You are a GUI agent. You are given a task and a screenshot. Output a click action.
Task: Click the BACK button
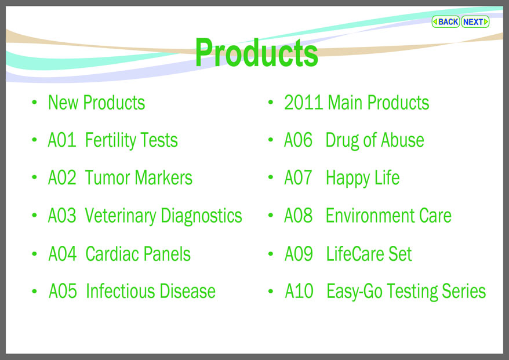tap(445, 22)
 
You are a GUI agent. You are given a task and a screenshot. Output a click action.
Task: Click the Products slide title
tap(256, 52)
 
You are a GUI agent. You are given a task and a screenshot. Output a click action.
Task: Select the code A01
tap(62, 140)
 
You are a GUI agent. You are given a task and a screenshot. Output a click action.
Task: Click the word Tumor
tap(108, 177)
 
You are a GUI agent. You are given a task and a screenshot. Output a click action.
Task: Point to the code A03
tap(62, 216)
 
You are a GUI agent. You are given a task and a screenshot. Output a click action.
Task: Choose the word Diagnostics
tap(201, 216)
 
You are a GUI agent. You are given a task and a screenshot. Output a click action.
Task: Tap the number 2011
tap(304, 103)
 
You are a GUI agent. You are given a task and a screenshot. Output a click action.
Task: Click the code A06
tap(298, 140)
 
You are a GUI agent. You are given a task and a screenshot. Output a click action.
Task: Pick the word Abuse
tap(402, 140)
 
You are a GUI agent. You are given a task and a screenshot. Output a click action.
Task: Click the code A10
tap(299, 291)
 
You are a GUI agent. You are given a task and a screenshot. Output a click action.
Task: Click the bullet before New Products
tap(34, 103)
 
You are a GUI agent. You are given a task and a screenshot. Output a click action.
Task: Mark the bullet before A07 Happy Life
tap(271, 177)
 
